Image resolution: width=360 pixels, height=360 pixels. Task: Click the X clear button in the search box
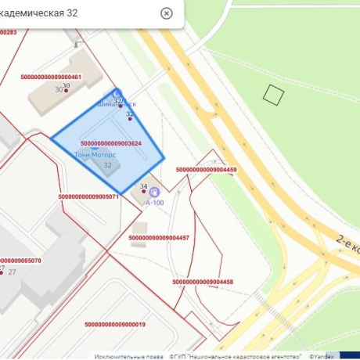(166, 13)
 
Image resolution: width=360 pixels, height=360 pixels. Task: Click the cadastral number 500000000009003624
(111, 144)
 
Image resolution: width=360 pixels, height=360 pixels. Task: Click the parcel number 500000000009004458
(203, 281)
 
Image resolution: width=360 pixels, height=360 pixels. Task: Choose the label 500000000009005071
(88, 197)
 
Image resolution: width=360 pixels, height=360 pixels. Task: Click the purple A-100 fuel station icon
(154, 190)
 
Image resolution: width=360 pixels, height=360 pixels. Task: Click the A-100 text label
(155, 203)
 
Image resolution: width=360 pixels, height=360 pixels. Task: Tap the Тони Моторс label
(94, 155)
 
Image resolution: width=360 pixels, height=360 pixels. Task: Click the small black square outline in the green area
(272, 95)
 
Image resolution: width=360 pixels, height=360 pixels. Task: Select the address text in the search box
(51, 13)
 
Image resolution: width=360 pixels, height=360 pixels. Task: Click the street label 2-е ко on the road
(347, 243)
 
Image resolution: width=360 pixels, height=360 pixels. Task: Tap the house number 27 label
(12, 272)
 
